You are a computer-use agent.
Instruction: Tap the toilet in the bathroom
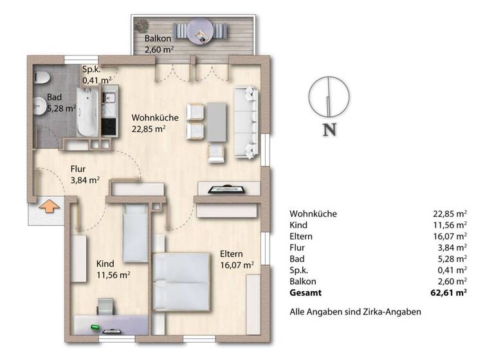click(x=41, y=80)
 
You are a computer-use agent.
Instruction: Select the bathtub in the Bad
click(x=86, y=111)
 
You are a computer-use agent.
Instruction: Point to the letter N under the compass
click(x=329, y=130)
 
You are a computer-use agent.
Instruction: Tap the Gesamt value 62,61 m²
click(x=449, y=293)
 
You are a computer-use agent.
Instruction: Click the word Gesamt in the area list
click(x=306, y=293)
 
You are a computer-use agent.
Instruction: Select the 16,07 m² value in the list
click(x=450, y=237)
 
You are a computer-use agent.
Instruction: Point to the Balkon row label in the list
click(x=303, y=282)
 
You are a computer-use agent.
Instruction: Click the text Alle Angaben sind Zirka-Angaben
click(x=355, y=312)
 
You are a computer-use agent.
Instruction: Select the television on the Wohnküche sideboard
click(x=228, y=189)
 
